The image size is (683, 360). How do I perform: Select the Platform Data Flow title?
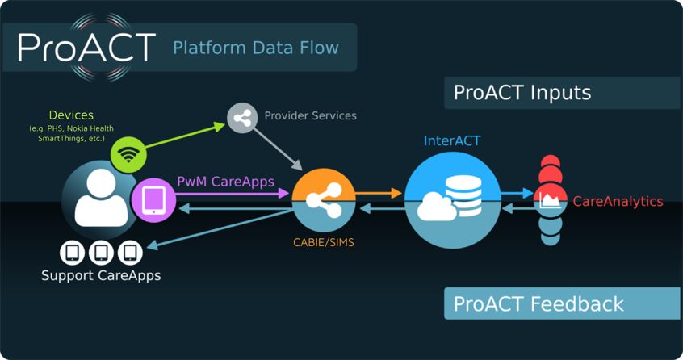click(255, 48)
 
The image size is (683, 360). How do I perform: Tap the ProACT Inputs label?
click(522, 92)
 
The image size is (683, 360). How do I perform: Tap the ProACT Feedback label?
click(538, 303)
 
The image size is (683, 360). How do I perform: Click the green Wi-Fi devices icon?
click(128, 153)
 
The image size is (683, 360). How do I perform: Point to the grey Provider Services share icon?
click(241, 119)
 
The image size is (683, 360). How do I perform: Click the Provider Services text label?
click(310, 115)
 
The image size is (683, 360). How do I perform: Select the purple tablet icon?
click(153, 199)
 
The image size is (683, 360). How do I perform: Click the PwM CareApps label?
click(225, 182)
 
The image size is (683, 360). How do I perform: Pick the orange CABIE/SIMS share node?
click(323, 200)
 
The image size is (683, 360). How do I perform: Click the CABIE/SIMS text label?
click(323, 242)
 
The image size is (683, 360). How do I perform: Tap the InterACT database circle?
click(452, 200)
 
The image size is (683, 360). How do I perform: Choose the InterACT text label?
click(452, 141)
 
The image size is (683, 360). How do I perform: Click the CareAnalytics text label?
click(618, 202)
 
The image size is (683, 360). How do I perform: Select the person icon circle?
click(99, 199)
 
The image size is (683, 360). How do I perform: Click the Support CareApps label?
click(101, 275)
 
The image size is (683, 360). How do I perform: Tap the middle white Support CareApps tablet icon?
click(101, 253)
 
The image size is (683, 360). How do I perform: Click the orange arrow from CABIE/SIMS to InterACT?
click(379, 193)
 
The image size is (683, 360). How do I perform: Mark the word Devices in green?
click(71, 115)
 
